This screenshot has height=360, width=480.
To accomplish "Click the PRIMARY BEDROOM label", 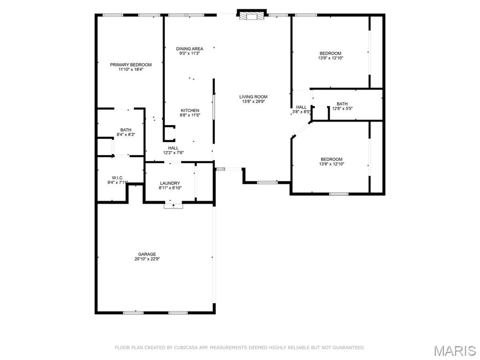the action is pos(131,65).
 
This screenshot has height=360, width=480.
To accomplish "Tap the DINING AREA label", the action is pos(189,49).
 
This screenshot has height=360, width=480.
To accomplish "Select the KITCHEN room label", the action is pos(190,111).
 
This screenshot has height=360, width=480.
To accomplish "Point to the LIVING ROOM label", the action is pos(253,97).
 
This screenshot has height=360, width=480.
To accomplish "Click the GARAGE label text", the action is pos(147,254).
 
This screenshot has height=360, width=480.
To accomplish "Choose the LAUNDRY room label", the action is pos(170,183).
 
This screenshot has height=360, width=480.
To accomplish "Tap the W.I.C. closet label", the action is pos(118,178).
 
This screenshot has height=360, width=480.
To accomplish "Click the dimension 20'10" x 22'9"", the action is pos(147,259).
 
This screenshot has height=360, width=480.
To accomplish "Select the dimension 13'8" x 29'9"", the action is pos(253,102).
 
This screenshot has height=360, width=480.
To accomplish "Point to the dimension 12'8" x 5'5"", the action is pos(342,109).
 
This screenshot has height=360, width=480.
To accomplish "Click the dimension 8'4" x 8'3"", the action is pos(126,135).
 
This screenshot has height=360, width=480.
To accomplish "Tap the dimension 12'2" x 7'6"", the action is pos(173,153).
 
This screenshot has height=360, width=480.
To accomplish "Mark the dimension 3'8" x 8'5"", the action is pos(301,112).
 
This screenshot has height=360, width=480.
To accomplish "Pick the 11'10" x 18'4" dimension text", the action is pos(131,69).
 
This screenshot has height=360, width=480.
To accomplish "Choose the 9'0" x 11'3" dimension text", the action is pos(189,53).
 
